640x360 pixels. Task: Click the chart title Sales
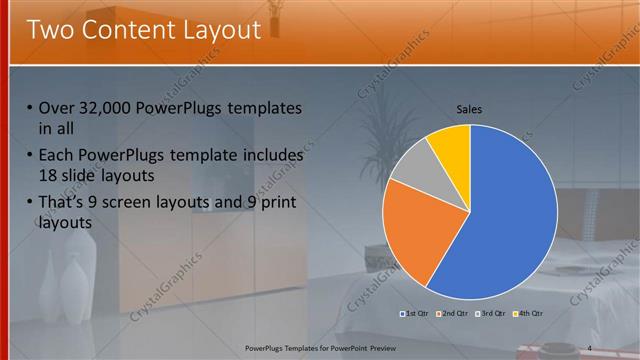[x=470, y=109]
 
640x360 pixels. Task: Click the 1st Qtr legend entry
[x=415, y=314]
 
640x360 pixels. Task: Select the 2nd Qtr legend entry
[x=454, y=314]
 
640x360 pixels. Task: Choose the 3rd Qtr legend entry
[x=491, y=314]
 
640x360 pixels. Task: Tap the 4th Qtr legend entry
[x=529, y=314]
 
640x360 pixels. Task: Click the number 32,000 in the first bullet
[x=104, y=108]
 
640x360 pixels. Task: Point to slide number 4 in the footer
[x=590, y=347]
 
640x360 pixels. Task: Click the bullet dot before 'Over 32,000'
[x=29, y=108]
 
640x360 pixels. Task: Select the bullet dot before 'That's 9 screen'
[x=29, y=203]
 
